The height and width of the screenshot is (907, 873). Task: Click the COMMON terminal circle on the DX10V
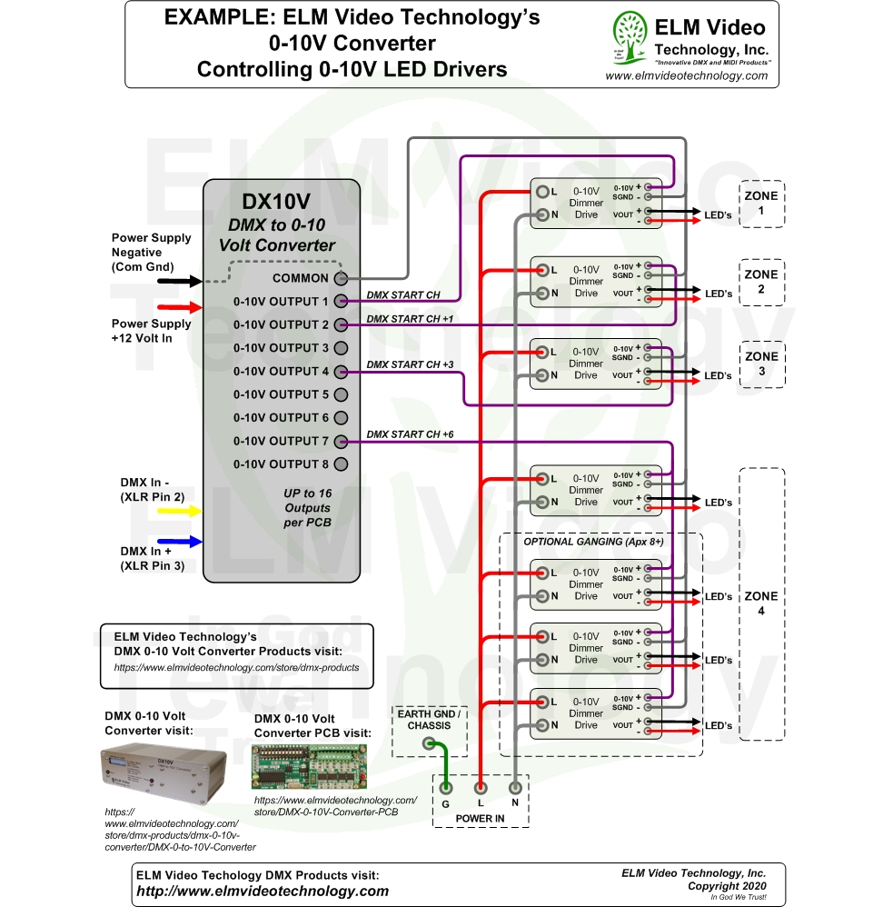(x=342, y=278)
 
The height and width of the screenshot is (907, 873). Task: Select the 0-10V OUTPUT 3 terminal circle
(x=342, y=348)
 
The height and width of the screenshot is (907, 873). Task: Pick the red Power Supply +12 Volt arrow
(x=180, y=307)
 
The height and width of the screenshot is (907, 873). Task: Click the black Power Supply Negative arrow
(x=180, y=281)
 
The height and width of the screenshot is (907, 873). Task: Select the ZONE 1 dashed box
(x=760, y=203)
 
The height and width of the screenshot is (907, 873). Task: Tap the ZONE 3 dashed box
(x=760, y=364)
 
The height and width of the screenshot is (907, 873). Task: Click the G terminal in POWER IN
(x=446, y=788)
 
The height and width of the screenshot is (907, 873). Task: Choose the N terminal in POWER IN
(x=515, y=788)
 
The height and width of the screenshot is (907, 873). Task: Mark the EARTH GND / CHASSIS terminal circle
(x=429, y=743)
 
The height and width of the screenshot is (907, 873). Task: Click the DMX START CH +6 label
(x=410, y=434)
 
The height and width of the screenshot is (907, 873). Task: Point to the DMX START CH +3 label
(x=410, y=364)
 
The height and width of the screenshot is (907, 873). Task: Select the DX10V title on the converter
(x=282, y=203)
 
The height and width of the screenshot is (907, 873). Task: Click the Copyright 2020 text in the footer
(x=726, y=885)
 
